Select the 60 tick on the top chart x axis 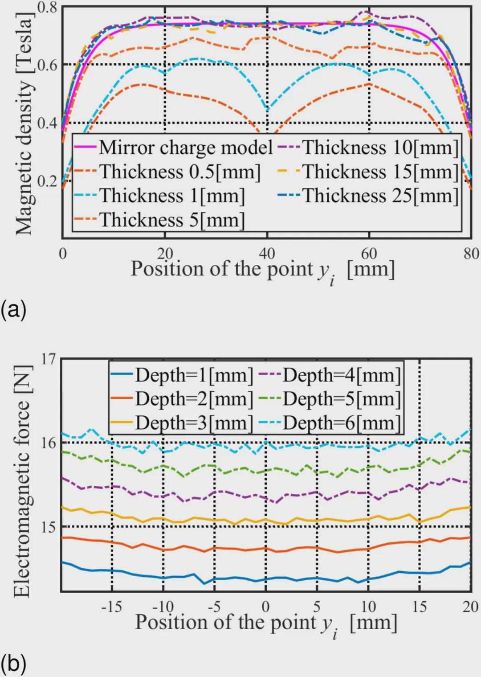[369, 254]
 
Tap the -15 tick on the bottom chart [112, 607]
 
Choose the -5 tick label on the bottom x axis [215, 607]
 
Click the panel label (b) [13, 664]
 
